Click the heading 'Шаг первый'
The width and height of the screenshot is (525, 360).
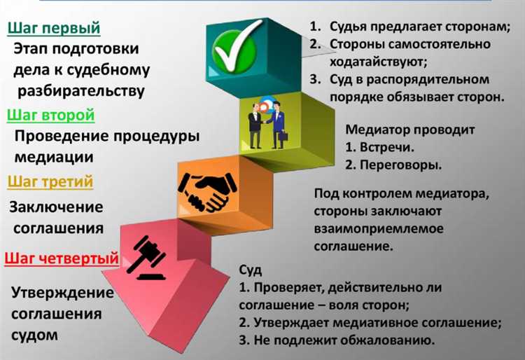pos(54,28)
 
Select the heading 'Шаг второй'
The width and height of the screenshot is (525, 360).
pos(50,115)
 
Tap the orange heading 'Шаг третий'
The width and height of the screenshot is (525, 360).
pos(50,182)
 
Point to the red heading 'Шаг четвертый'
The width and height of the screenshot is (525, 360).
pos(61,258)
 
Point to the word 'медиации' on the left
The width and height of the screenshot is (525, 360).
pos(52,158)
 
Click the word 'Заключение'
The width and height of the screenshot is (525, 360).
pos(56,207)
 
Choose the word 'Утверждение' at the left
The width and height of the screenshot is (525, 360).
pos(62,291)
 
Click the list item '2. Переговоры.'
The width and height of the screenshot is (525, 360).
pos(393,166)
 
